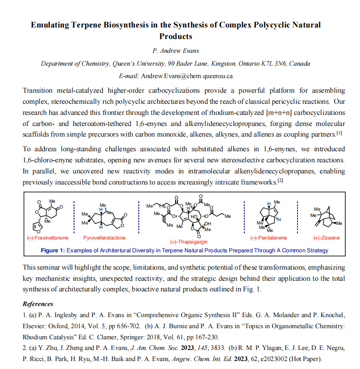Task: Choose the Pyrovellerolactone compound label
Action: click(104, 238)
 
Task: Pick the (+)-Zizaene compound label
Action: click(326, 238)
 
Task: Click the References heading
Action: click(38, 304)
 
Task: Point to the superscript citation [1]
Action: click(339, 133)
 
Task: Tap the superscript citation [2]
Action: click(280, 180)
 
